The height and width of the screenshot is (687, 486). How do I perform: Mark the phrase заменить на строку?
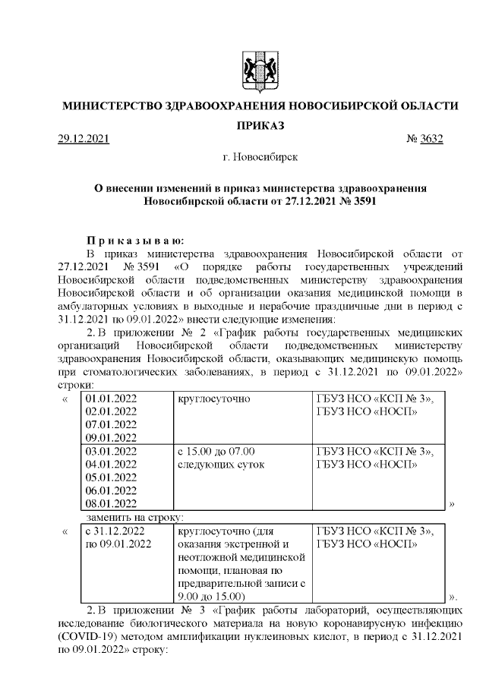pos(125,517)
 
